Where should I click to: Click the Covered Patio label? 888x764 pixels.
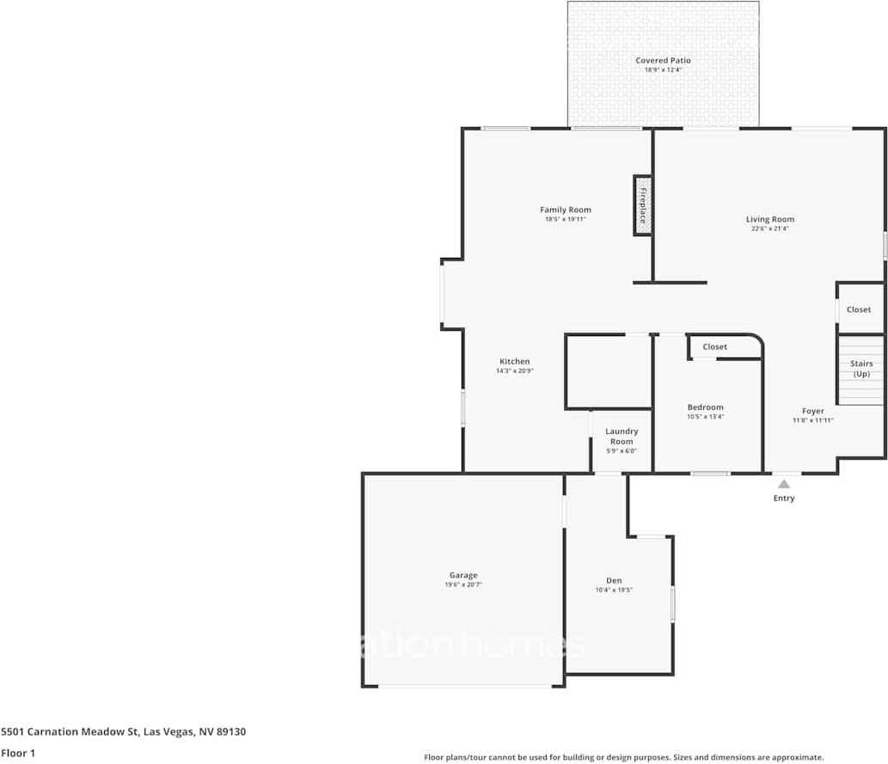pos(663,60)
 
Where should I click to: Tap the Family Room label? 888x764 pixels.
pos(566,210)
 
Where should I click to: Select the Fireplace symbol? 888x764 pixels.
pos(642,205)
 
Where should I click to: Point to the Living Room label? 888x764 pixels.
pos(769,219)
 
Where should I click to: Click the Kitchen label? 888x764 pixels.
pos(515,361)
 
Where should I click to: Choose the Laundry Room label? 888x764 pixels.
pos(622,437)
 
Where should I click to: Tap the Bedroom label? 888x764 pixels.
pos(705,407)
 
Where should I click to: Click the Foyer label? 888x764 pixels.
pos(812,411)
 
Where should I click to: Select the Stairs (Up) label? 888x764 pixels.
pos(861,369)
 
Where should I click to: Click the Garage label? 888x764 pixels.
pos(463,576)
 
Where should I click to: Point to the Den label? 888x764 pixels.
pos(614,581)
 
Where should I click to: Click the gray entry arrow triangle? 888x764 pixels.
pos(784,484)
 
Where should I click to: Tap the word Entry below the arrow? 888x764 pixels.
pos(784,498)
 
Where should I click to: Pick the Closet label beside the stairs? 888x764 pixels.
pos(859,309)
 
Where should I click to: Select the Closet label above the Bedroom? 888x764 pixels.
pos(714,347)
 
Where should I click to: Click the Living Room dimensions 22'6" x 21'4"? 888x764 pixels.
pos(769,229)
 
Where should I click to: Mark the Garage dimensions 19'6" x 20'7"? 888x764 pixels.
pos(463,585)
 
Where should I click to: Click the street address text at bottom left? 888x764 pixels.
pos(124,732)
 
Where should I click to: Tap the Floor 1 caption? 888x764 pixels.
pos(18,754)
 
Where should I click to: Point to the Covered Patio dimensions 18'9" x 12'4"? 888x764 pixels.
pos(663,70)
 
